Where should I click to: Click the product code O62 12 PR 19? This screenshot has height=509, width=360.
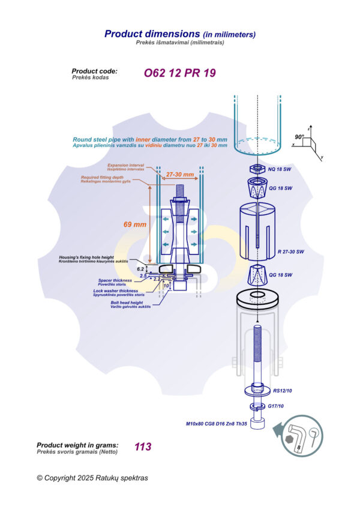click(x=179, y=73)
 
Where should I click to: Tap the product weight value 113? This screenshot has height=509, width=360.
click(x=143, y=447)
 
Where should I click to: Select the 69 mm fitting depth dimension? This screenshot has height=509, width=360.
click(x=135, y=224)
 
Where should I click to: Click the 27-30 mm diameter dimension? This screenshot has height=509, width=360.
click(x=180, y=175)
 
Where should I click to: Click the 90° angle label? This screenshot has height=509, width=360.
click(x=300, y=136)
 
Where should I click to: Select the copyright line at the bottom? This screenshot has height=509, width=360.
click(x=92, y=478)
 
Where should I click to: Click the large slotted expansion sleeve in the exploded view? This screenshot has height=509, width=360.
click(x=256, y=231)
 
